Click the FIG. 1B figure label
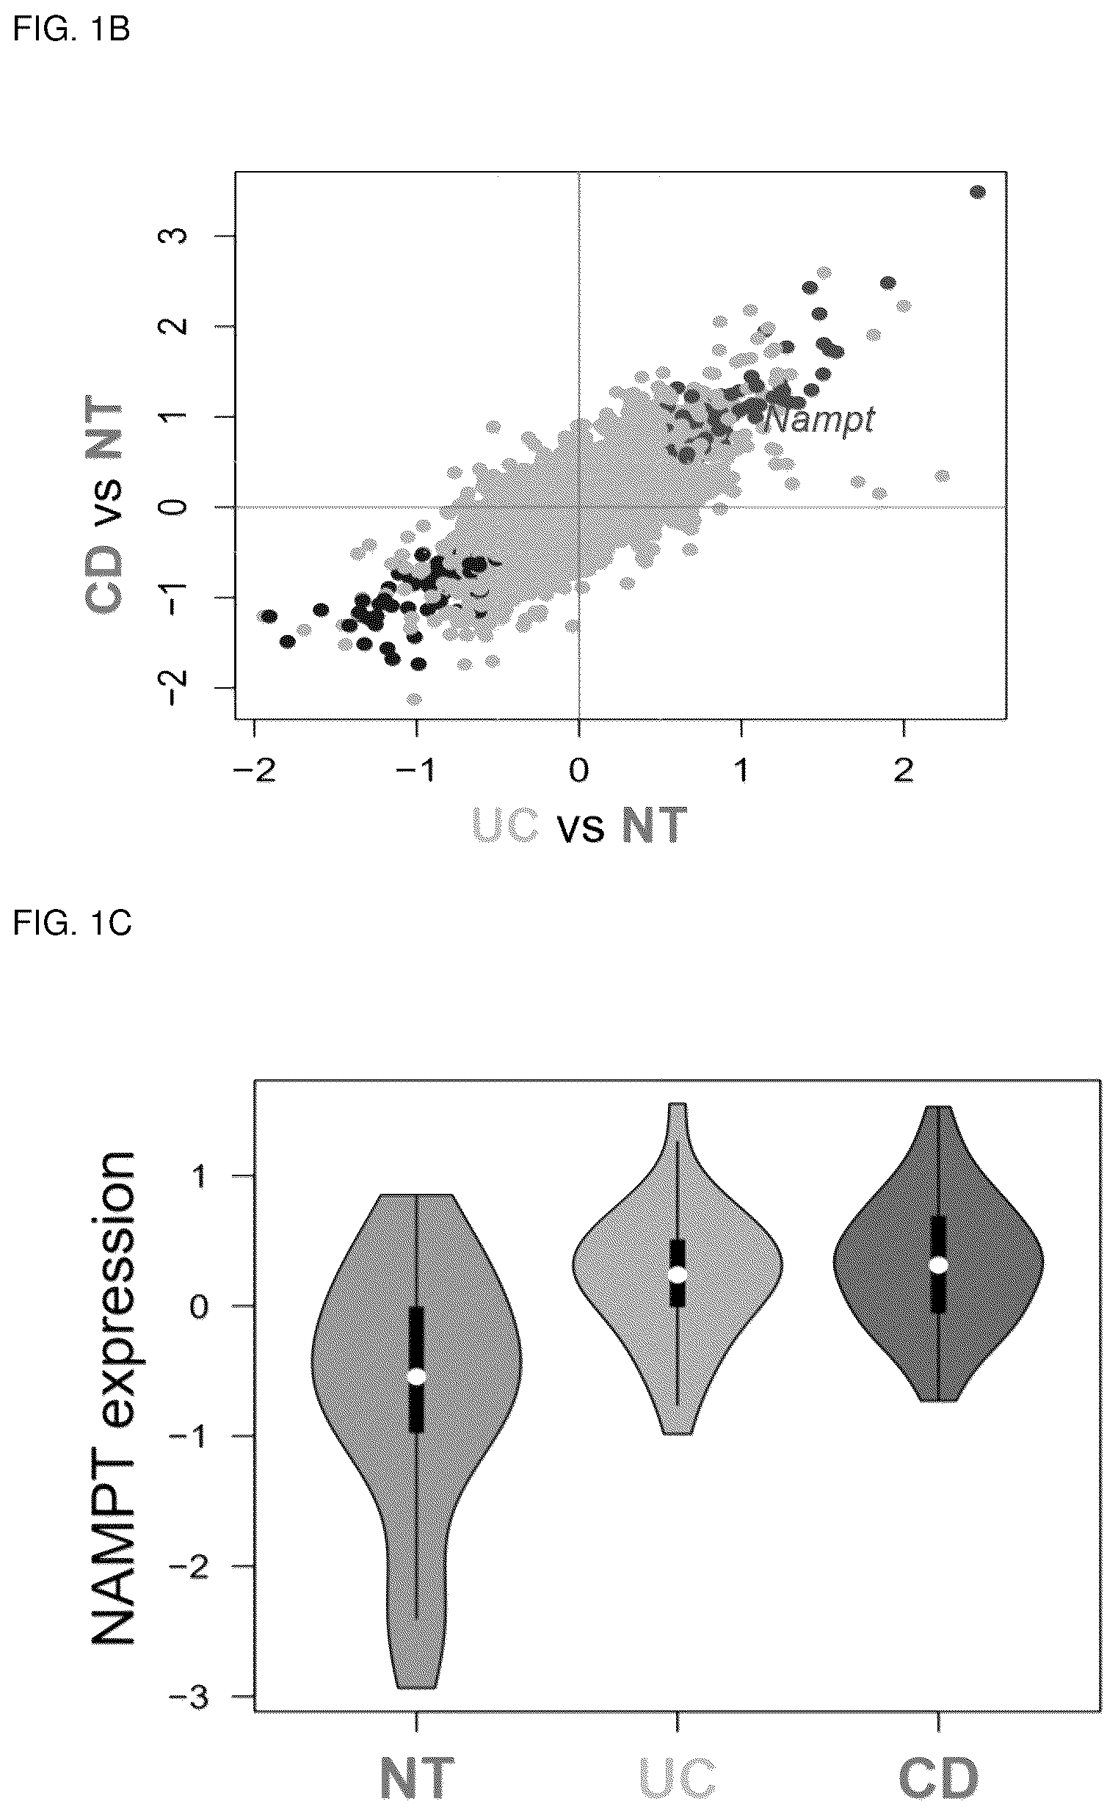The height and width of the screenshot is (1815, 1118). [x=72, y=31]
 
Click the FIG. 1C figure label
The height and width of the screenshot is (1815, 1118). [x=72, y=922]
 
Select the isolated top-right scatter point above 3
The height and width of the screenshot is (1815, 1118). [x=978, y=192]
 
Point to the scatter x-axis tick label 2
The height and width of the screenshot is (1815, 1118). [x=904, y=772]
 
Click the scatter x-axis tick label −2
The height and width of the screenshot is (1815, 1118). [x=253, y=772]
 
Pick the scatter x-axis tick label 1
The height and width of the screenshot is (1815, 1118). [x=741, y=772]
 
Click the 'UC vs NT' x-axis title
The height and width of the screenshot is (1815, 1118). [x=580, y=825]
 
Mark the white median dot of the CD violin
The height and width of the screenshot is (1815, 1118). [x=938, y=1265]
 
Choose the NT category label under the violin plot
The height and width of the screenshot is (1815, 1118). [x=417, y=1777]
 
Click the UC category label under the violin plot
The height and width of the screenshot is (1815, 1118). [x=678, y=1777]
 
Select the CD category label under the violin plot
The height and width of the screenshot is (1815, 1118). [x=938, y=1777]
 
